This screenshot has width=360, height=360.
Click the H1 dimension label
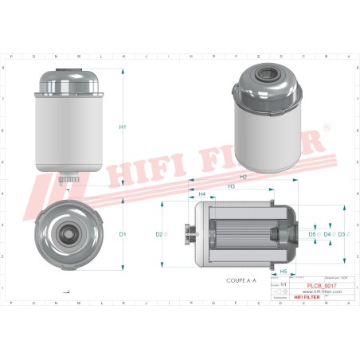pos(123,128)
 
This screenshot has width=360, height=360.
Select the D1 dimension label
pos(123,234)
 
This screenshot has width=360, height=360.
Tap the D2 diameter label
pos(159,234)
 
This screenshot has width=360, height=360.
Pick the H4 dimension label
pos(202,194)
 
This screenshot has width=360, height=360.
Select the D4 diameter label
pos(327,234)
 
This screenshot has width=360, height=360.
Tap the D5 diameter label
pos(313,234)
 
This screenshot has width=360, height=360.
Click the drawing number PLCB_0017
pos(322,284)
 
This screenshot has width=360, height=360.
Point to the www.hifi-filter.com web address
pos(322,292)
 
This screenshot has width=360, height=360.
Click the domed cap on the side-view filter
pos(70,80)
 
